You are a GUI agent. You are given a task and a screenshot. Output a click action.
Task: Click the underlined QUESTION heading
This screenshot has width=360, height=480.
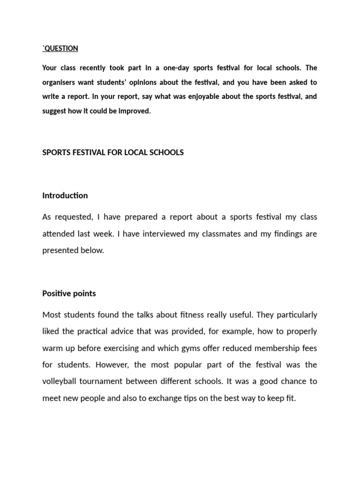61,48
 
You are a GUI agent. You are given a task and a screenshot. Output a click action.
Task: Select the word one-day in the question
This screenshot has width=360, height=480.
176,68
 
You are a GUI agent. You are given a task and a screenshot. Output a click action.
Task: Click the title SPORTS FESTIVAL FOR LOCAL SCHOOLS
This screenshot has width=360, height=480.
113,153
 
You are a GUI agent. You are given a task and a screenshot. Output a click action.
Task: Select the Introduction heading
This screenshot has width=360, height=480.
65,195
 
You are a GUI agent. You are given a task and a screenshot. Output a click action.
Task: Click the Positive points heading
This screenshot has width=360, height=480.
69,293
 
